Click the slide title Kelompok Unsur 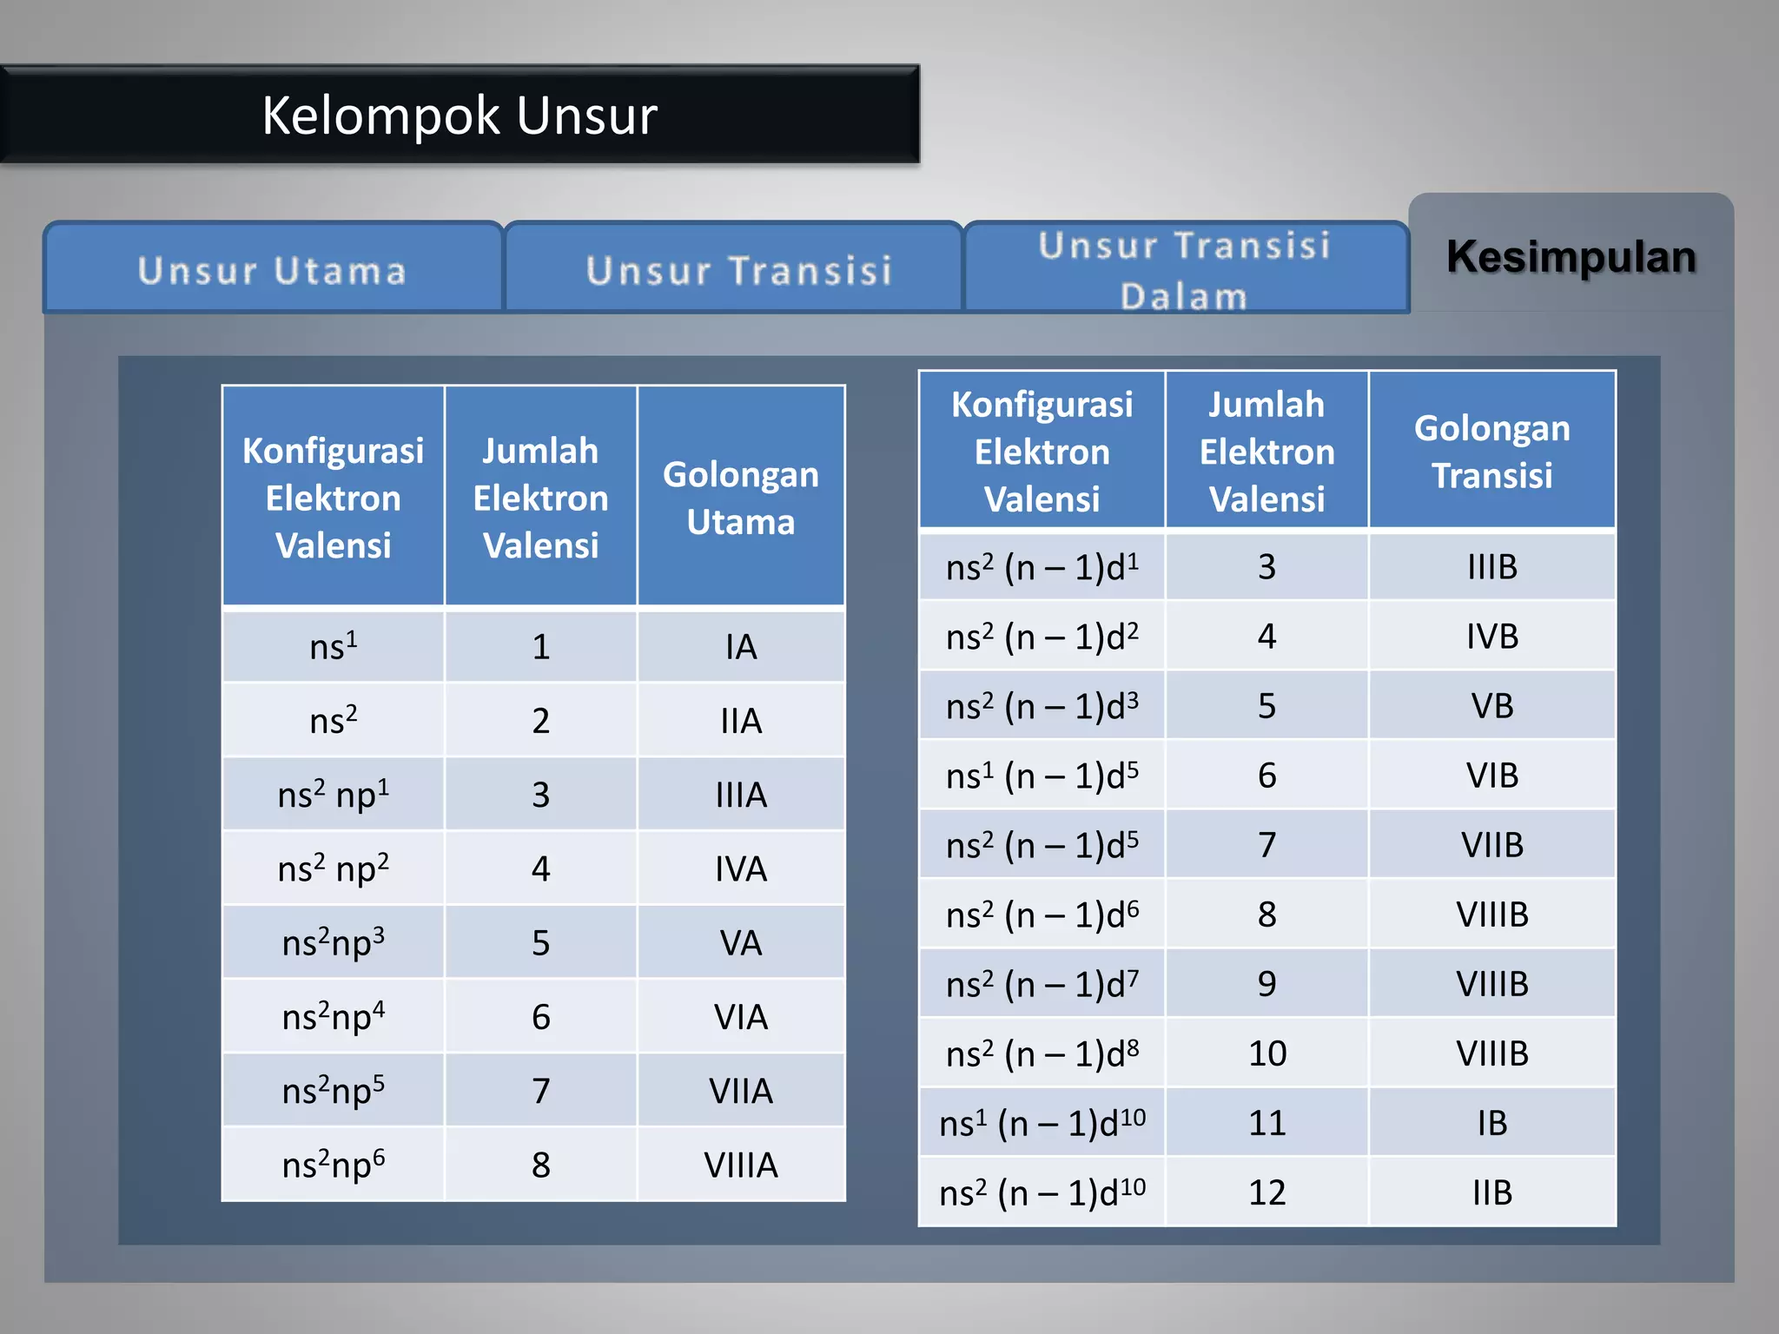click(x=459, y=116)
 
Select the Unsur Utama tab click(x=272, y=270)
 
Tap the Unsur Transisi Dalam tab click(x=1185, y=269)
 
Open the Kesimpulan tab click(x=1571, y=257)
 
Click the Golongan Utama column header click(x=740, y=498)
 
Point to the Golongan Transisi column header click(x=1491, y=452)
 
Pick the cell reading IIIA click(x=740, y=795)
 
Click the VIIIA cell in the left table click(x=740, y=1165)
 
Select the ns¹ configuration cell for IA click(x=334, y=647)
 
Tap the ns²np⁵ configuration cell click(x=334, y=1091)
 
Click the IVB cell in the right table click(x=1491, y=637)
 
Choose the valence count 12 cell click(x=1266, y=1192)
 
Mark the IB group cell click(x=1491, y=1123)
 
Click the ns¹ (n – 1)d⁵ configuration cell click(x=1042, y=776)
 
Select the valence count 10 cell click(x=1266, y=1053)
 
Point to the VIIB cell click(x=1491, y=845)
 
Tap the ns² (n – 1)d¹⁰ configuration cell click(x=1042, y=1192)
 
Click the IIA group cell click(x=740, y=721)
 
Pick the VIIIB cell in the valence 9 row click(x=1491, y=984)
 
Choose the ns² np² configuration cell click(x=334, y=868)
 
